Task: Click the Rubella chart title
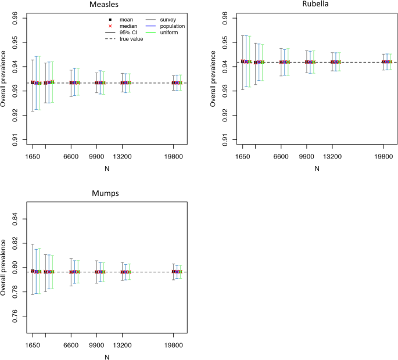coord(317,5)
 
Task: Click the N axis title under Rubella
coord(317,169)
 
